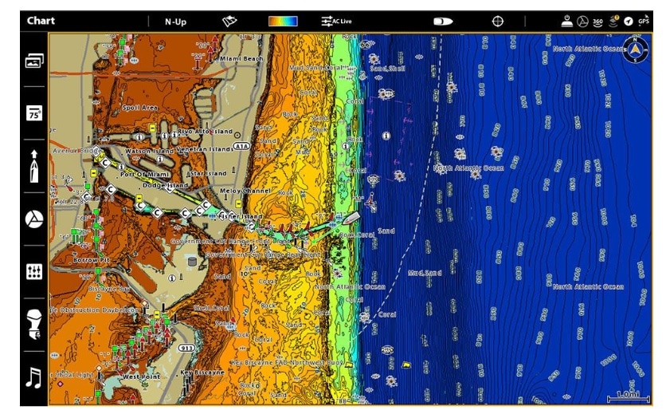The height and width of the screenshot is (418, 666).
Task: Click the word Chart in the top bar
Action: pos(41,21)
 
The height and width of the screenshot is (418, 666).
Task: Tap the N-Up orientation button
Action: pos(175,22)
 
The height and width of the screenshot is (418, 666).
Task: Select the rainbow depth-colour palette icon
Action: pos(283,22)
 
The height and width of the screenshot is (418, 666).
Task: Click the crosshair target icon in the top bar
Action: pos(498,22)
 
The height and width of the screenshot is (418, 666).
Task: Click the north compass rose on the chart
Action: pos(636,50)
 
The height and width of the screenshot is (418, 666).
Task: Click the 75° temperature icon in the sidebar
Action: pos(33,112)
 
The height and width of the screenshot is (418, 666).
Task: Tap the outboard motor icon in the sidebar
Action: pos(33,322)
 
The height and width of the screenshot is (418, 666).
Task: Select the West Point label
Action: pos(141,376)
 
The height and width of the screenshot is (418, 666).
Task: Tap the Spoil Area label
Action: pos(139,107)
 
